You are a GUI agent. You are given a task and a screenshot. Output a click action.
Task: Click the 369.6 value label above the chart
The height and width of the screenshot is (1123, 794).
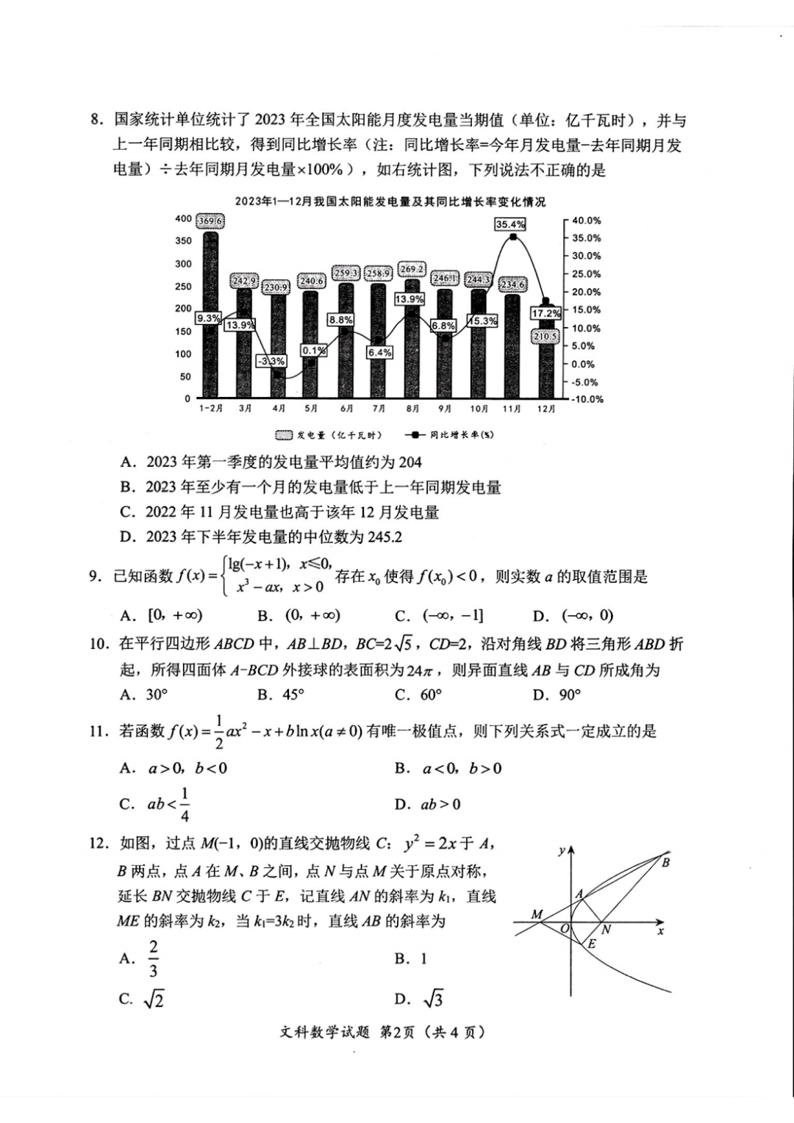tap(210, 220)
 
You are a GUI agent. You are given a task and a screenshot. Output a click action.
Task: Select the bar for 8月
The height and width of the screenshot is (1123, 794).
tap(412, 338)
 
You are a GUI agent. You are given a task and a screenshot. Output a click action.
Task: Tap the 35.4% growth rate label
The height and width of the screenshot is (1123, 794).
tap(510, 224)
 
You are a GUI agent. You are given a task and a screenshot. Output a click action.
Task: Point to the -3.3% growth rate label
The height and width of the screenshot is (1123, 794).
tap(271, 362)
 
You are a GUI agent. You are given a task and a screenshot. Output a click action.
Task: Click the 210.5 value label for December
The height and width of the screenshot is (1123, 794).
tap(546, 336)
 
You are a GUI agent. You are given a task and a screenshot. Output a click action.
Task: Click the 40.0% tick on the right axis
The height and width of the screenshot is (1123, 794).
tap(586, 220)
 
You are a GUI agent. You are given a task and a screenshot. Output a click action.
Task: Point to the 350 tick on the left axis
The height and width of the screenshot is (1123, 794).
tap(183, 240)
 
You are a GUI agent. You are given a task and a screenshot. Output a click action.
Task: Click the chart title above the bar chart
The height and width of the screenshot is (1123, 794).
tap(390, 201)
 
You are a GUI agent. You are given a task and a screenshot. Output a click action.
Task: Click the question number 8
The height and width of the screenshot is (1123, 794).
tap(95, 120)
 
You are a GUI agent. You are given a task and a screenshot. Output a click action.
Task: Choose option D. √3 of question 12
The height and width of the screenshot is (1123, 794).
tap(419, 999)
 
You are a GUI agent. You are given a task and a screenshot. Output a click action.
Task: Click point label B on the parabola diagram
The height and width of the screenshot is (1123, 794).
tap(665, 862)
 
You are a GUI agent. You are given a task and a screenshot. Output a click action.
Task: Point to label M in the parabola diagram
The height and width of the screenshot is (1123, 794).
tap(537, 915)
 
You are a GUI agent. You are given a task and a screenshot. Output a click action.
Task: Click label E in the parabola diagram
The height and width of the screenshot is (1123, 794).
tap(591, 944)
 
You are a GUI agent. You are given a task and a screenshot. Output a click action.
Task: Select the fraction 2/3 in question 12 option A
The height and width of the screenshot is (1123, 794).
tap(153, 959)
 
